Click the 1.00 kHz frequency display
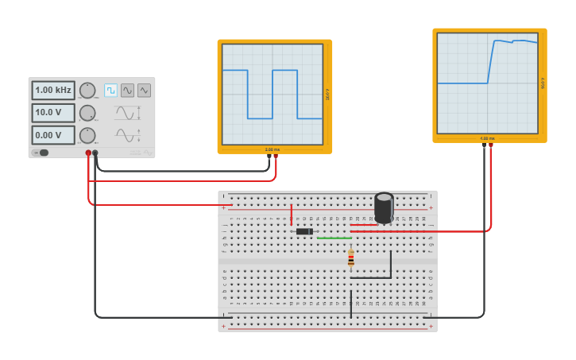(x=53, y=90)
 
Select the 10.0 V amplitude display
(x=53, y=113)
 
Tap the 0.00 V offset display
(x=53, y=135)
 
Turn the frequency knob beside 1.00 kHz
(x=87, y=91)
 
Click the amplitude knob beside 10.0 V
(x=87, y=113)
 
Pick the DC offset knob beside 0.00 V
(x=87, y=135)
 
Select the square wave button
(x=110, y=91)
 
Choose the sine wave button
(x=127, y=91)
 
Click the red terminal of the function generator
(x=88, y=153)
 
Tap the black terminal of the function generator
(x=95, y=153)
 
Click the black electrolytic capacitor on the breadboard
(x=384, y=207)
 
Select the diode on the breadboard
(x=303, y=231)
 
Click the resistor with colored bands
(x=350, y=257)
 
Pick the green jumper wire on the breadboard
(x=334, y=238)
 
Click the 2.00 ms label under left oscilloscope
(x=273, y=149)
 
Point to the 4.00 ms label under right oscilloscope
(x=487, y=139)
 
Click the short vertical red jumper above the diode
(x=291, y=215)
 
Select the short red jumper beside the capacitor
(x=363, y=225)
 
